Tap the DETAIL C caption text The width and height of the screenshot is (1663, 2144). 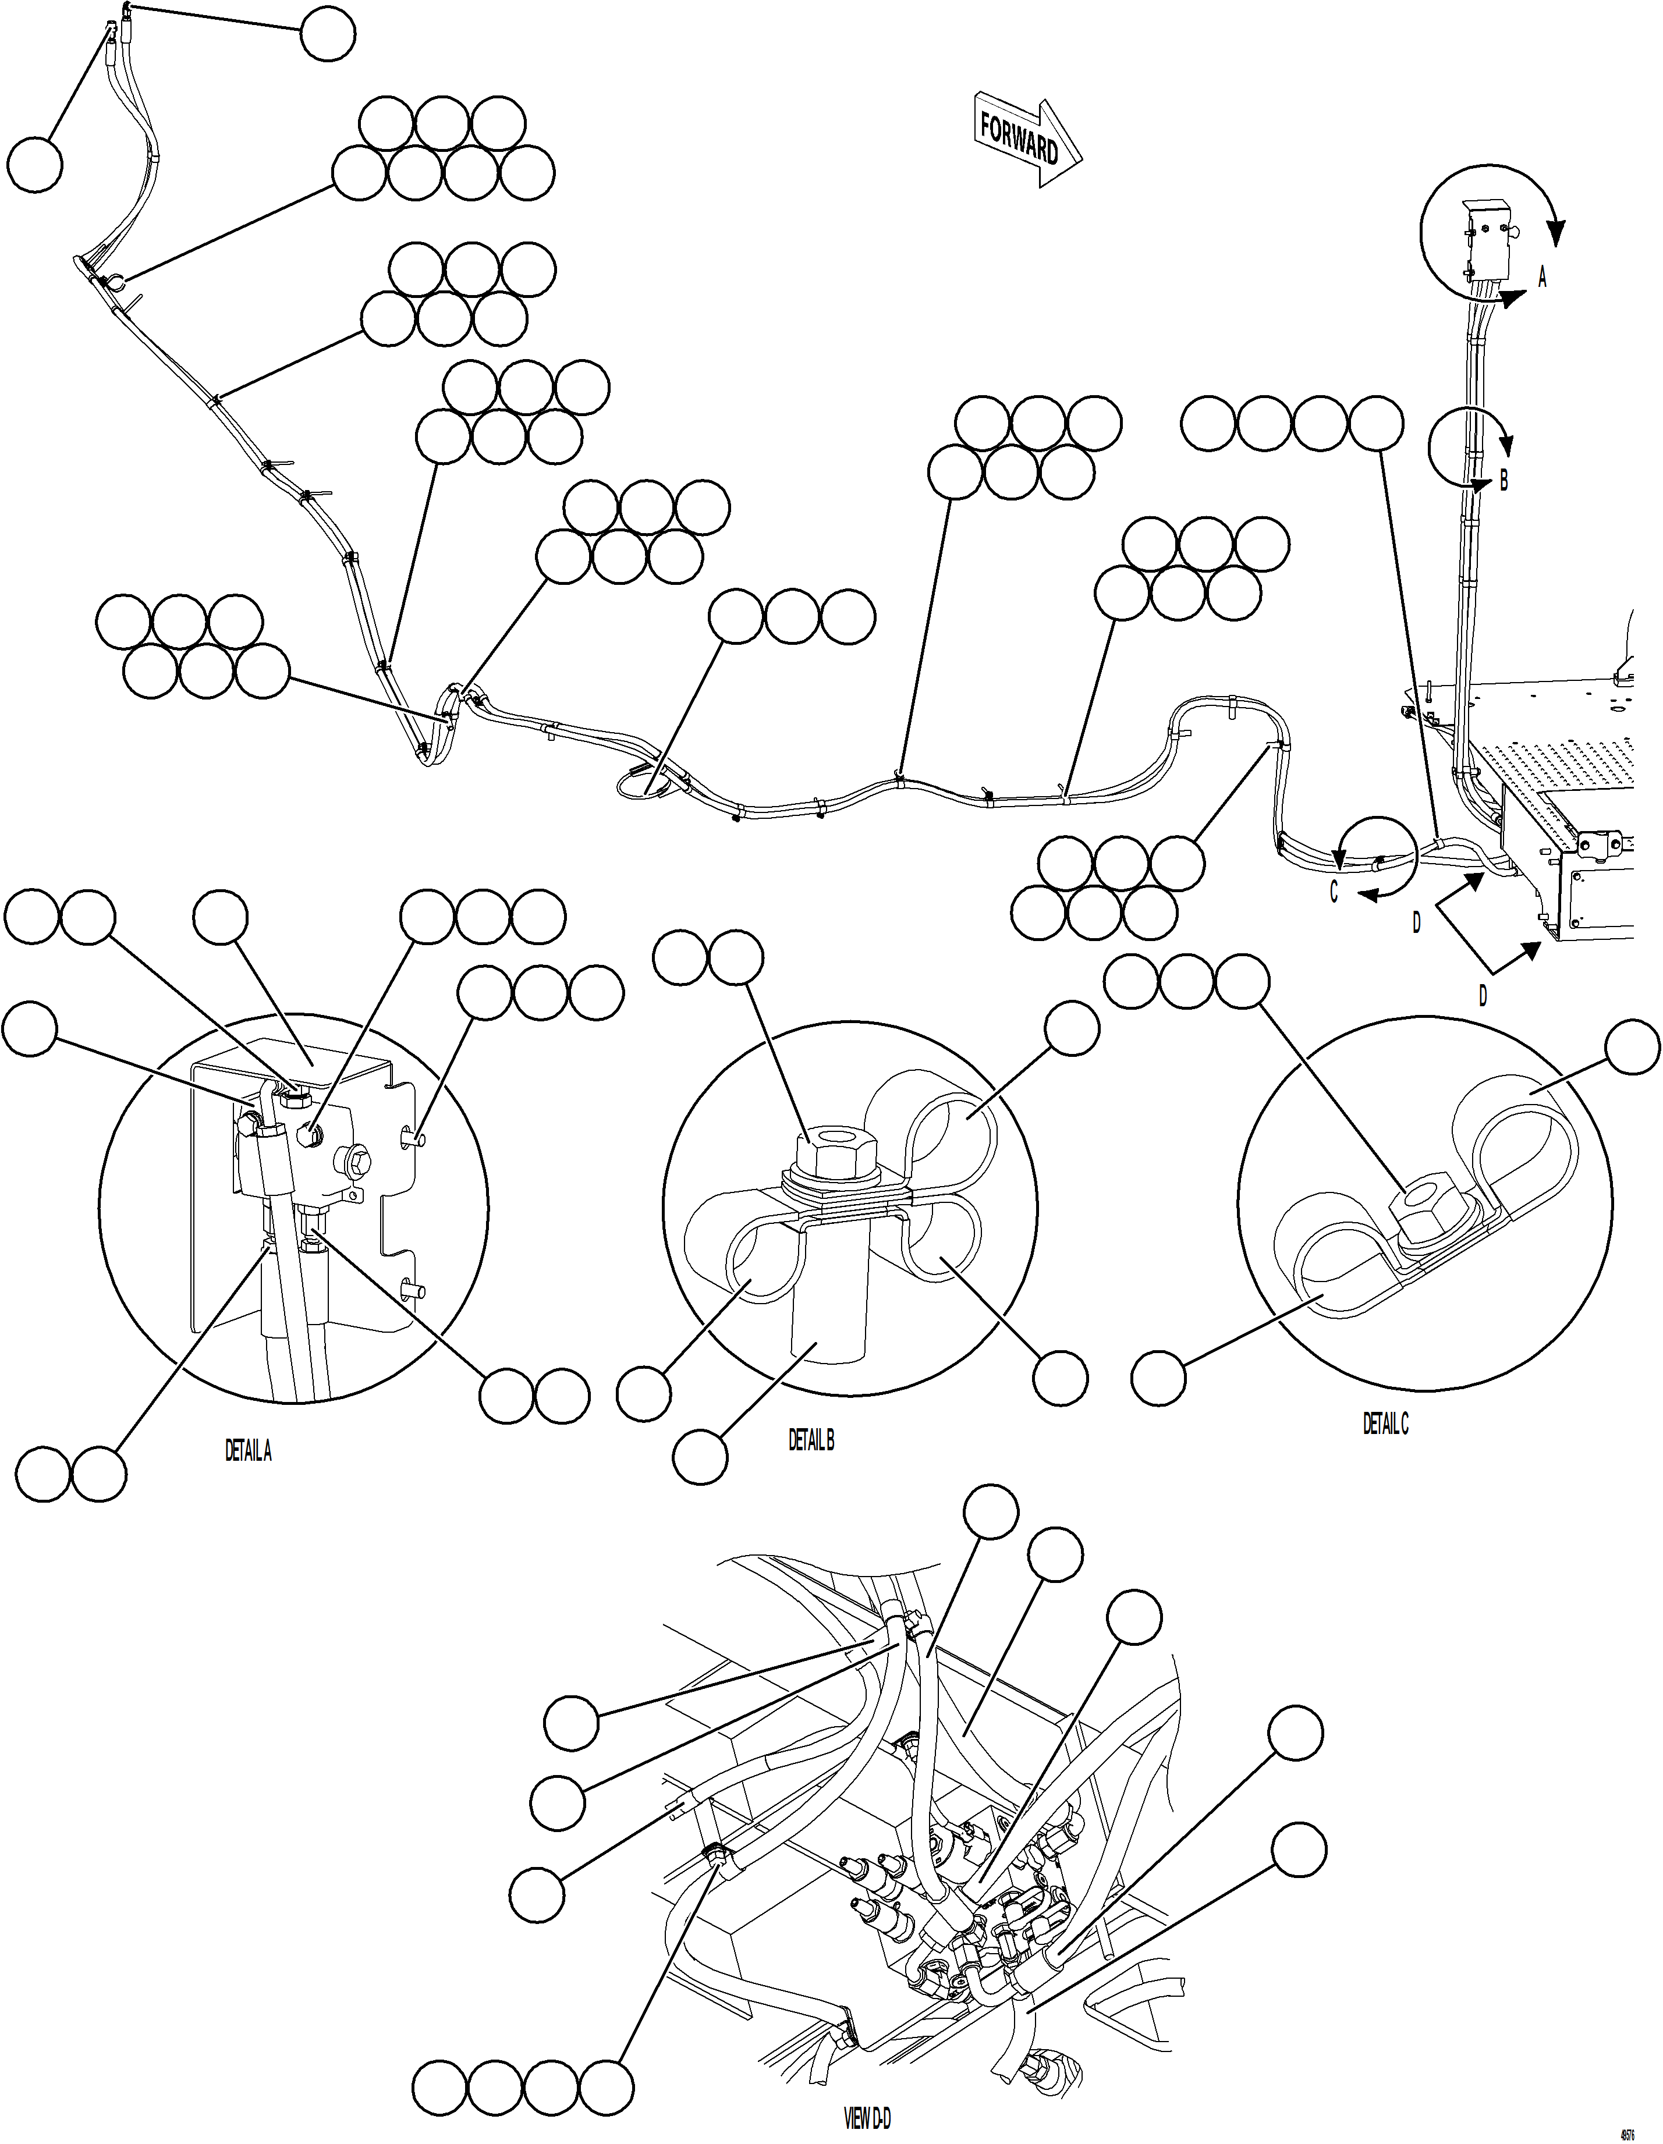[1385, 1425]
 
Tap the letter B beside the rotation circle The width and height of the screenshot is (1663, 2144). [1503, 481]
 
